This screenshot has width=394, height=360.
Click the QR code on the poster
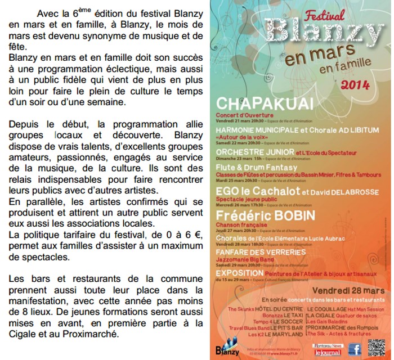tap(377, 348)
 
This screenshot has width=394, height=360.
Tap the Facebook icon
tap(355, 349)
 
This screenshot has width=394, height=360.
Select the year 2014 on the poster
tap(355, 84)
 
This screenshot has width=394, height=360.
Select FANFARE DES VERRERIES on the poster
tap(257, 253)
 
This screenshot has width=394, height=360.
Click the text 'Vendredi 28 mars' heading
tap(350, 291)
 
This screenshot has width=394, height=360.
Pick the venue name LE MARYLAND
tap(285, 334)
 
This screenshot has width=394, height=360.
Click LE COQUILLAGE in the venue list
tap(326, 309)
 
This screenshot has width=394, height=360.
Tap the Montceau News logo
tap(329, 345)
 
